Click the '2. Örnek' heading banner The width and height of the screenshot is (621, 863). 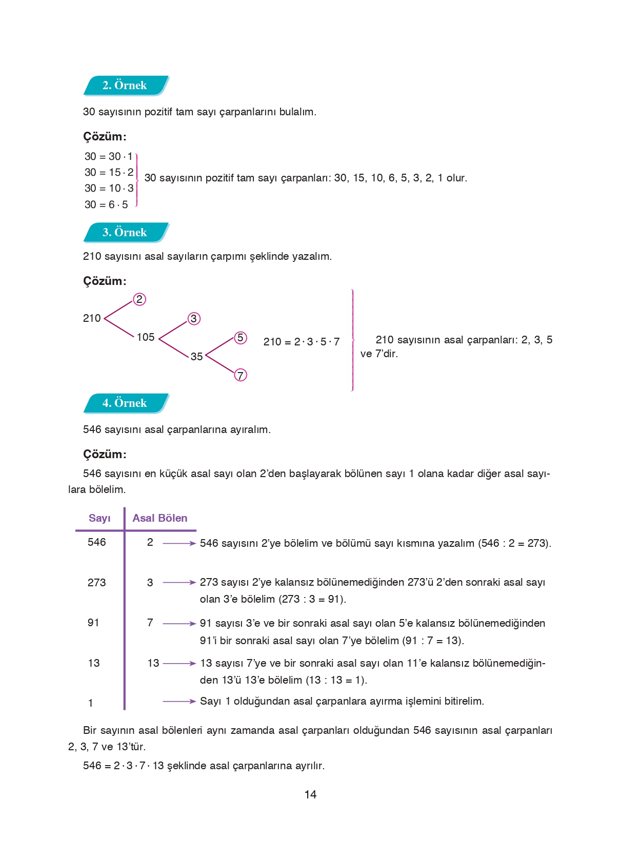tap(125, 86)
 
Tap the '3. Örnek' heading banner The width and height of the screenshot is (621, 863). tap(125, 233)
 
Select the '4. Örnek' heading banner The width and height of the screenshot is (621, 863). tap(125, 403)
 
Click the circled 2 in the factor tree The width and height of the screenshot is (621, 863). tap(139, 299)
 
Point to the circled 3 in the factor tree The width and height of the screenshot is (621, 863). tap(193, 319)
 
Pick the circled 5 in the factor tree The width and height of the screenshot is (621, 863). tap(240, 338)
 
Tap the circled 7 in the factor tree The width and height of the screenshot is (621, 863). tap(240, 375)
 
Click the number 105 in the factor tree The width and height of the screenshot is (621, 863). tap(146, 337)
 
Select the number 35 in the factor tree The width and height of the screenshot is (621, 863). tap(196, 357)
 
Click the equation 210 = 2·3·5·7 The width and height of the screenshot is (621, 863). tap(302, 342)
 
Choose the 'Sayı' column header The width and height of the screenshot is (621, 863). tap(99, 518)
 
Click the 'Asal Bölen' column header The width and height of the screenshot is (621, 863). tap(160, 518)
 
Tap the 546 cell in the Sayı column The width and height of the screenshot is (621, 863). tap(96, 542)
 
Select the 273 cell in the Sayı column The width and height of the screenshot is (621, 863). tap(96, 583)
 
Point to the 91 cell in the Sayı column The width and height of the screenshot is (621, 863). tap(93, 623)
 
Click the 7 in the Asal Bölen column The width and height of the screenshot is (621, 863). tap(150, 623)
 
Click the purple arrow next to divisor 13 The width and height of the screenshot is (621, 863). tap(179, 663)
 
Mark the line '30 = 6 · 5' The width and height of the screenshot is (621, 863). tap(106, 204)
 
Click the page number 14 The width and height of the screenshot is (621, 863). tap(310, 795)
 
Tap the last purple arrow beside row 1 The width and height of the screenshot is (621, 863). tap(179, 701)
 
